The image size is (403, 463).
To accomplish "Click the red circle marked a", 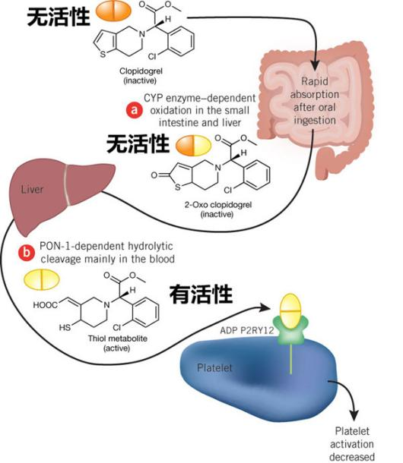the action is tap(135, 110).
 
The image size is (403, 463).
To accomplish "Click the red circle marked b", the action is tap(27, 253).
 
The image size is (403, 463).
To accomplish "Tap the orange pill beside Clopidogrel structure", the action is tap(113, 11).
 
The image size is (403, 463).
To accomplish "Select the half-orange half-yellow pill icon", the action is tap(193, 146).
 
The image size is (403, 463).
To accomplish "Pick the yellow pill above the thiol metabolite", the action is tap(41, 279).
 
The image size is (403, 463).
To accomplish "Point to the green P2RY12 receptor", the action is tap(291, 331).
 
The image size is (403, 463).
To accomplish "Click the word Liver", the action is tap(32, 189).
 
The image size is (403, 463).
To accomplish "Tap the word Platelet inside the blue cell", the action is tap(214, 368).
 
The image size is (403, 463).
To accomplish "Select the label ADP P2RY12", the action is tap(247, 330).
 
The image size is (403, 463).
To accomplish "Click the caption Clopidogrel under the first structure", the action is tap(141, 71).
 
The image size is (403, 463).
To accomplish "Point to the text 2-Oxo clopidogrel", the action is tap(218, 205).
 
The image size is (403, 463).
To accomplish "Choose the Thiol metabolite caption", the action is tap(117, 339).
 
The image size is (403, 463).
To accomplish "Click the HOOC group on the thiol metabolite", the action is tap(46, 305).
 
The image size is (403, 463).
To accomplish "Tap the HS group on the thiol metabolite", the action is tap(65, 327).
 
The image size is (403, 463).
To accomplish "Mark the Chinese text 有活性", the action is tap(201, 294).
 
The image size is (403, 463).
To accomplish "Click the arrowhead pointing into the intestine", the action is tap(315, 65).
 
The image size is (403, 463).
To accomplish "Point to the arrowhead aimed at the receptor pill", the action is tap(265, 307).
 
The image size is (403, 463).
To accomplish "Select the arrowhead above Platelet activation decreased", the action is tap(354, 415).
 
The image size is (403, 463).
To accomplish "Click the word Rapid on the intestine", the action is tap(315, 81).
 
